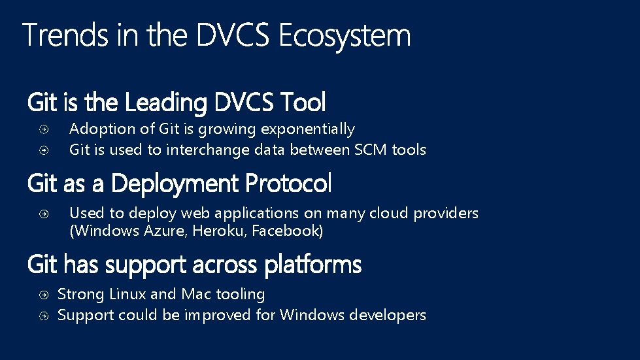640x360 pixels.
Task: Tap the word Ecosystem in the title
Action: (345, 37)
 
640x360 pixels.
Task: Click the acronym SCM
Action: (371, 150)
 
